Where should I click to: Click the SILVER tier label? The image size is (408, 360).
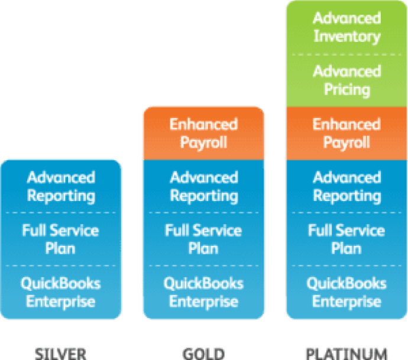(61, 353)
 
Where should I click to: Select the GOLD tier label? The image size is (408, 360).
(203, 353)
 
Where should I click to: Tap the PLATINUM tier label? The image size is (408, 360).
(347, 353)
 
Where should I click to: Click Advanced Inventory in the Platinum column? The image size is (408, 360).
(347, 27)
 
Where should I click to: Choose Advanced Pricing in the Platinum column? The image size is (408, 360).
(347, 80)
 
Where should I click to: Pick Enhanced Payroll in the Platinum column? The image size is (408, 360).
(347, 134)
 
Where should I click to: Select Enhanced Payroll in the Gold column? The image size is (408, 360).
(203, 134)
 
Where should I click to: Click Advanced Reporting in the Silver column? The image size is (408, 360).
(61, 186)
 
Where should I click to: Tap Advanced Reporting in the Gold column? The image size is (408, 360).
(203, 186)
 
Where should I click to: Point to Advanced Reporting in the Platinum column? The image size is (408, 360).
(347, 186)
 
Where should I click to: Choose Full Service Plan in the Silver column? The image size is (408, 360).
(61, 239)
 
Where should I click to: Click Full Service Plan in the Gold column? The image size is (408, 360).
(203, 239)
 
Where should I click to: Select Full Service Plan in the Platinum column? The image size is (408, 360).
(347, 239)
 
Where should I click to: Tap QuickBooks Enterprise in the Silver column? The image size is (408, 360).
(61, 292)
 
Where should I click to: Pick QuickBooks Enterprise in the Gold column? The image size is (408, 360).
(203, 292)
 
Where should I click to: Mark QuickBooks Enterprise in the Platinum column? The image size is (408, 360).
(347, 292)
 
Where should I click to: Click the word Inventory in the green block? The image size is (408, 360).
(347, 37)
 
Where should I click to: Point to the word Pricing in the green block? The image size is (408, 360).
(347, 90)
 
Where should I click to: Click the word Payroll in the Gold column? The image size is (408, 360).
(203, 143)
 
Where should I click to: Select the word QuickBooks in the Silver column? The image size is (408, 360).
(61, 283)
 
